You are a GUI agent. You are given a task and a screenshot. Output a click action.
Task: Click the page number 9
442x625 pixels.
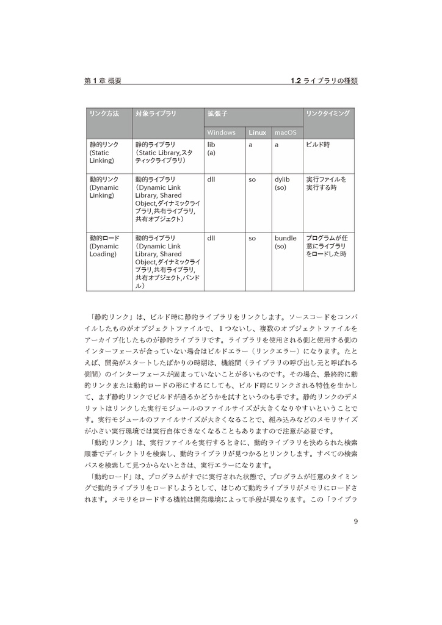(x=356, y=521)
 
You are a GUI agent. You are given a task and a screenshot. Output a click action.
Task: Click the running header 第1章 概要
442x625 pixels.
(x=103, y=81)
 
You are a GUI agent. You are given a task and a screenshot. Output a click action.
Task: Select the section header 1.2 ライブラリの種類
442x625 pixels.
(x=324, y=81)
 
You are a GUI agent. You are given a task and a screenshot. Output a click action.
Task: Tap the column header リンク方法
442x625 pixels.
(x=104, y=114)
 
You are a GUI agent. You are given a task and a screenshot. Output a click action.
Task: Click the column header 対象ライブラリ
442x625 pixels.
(x=156, y=114)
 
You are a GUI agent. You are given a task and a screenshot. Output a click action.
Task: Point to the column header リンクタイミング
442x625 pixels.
(x=328, y=114)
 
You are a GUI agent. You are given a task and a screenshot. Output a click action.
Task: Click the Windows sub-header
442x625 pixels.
(x=221, y=132)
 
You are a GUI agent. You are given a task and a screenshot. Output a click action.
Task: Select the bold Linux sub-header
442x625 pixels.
(x=257, y=132)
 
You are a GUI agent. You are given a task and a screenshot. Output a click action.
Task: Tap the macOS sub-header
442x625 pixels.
(x=285, y=132)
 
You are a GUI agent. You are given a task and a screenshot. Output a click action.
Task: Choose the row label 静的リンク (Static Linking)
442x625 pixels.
(x=104, y=153)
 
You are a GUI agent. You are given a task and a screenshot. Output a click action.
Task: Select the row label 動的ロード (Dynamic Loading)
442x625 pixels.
(x=104, y=246)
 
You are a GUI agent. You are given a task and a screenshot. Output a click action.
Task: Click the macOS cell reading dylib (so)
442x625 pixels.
(x=282, y=184)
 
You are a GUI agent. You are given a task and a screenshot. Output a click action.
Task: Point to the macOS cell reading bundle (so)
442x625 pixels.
(x=285, y=242)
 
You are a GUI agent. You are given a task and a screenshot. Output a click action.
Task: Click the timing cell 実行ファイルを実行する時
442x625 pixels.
(x=326, y=184)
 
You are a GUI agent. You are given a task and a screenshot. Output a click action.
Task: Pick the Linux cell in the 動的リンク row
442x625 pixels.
(x=252, y=180)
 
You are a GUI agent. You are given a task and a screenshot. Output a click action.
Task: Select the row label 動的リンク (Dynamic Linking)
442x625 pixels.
(x=104, y=187)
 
